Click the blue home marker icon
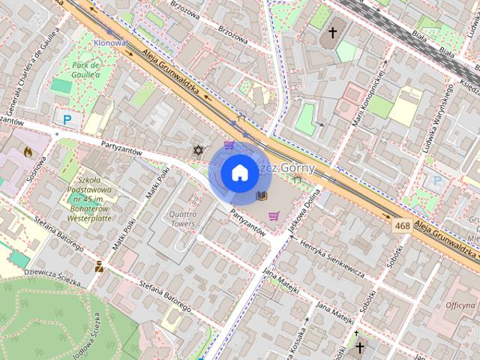239,172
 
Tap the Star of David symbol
199,151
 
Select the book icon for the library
262,196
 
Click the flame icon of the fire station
28,151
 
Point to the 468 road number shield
402,224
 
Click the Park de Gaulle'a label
91,70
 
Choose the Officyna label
460,305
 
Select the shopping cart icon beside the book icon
274,216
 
